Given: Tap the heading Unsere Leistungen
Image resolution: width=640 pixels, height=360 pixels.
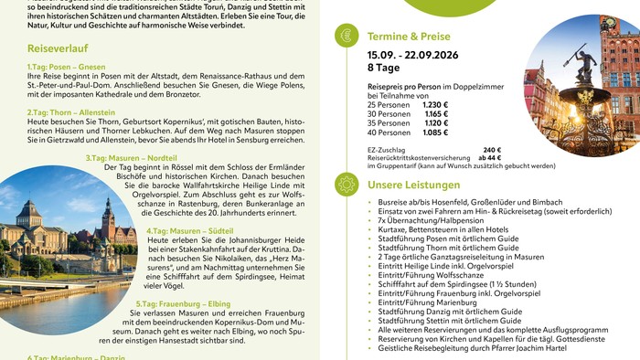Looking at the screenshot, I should pos(414,185).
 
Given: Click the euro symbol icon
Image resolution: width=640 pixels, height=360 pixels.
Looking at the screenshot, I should pos(347,36).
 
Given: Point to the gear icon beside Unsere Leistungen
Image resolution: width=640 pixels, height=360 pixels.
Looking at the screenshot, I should pos(347,184).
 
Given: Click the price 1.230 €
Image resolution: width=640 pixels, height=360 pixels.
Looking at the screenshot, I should pos(436,105).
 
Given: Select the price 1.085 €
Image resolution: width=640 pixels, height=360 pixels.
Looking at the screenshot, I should pos(436,132).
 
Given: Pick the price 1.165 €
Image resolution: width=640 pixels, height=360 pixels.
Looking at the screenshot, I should pos(436,114).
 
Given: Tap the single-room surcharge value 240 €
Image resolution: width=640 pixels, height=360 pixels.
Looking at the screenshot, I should pos(492,150).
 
